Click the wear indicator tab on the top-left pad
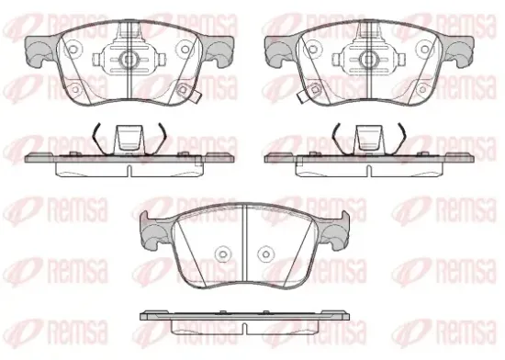coord(196,96)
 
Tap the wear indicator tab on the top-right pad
coord(301,96)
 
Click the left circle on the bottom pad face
coord(222,254)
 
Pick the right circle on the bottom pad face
coord(265,254)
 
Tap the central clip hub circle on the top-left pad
coord(129,59)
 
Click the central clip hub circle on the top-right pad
coord(368,59)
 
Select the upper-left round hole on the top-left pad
coord(73,50)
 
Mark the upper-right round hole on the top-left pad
coord(185,50)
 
